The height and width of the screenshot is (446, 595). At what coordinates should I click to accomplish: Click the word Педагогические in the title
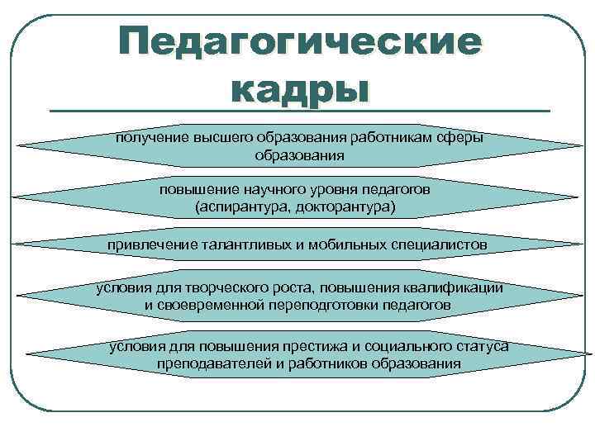click(298, 41)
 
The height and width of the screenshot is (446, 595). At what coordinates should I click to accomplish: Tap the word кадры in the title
click(298, 87)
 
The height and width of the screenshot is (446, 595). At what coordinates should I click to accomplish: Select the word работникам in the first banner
click(394, 137)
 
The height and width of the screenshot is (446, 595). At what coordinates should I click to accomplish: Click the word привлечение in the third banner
click(152, 245)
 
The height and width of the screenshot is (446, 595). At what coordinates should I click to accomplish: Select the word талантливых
click(245, 245)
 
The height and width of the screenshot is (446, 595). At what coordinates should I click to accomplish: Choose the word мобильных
click(350, 245)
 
